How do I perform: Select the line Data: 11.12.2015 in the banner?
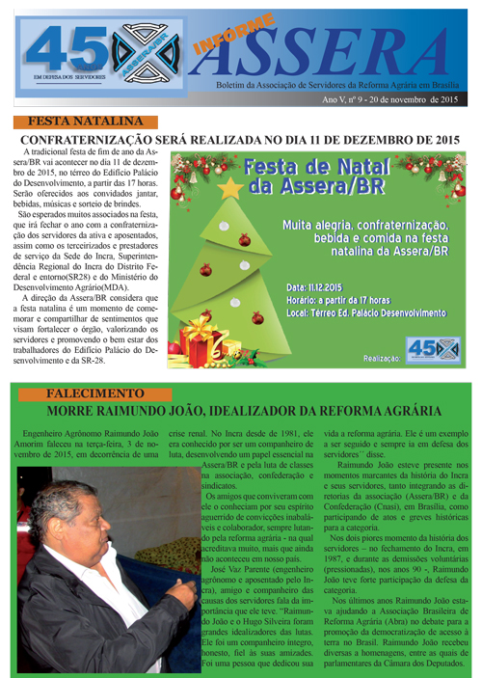click(315, 287)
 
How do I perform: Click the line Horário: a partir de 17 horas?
click(336, 301)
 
